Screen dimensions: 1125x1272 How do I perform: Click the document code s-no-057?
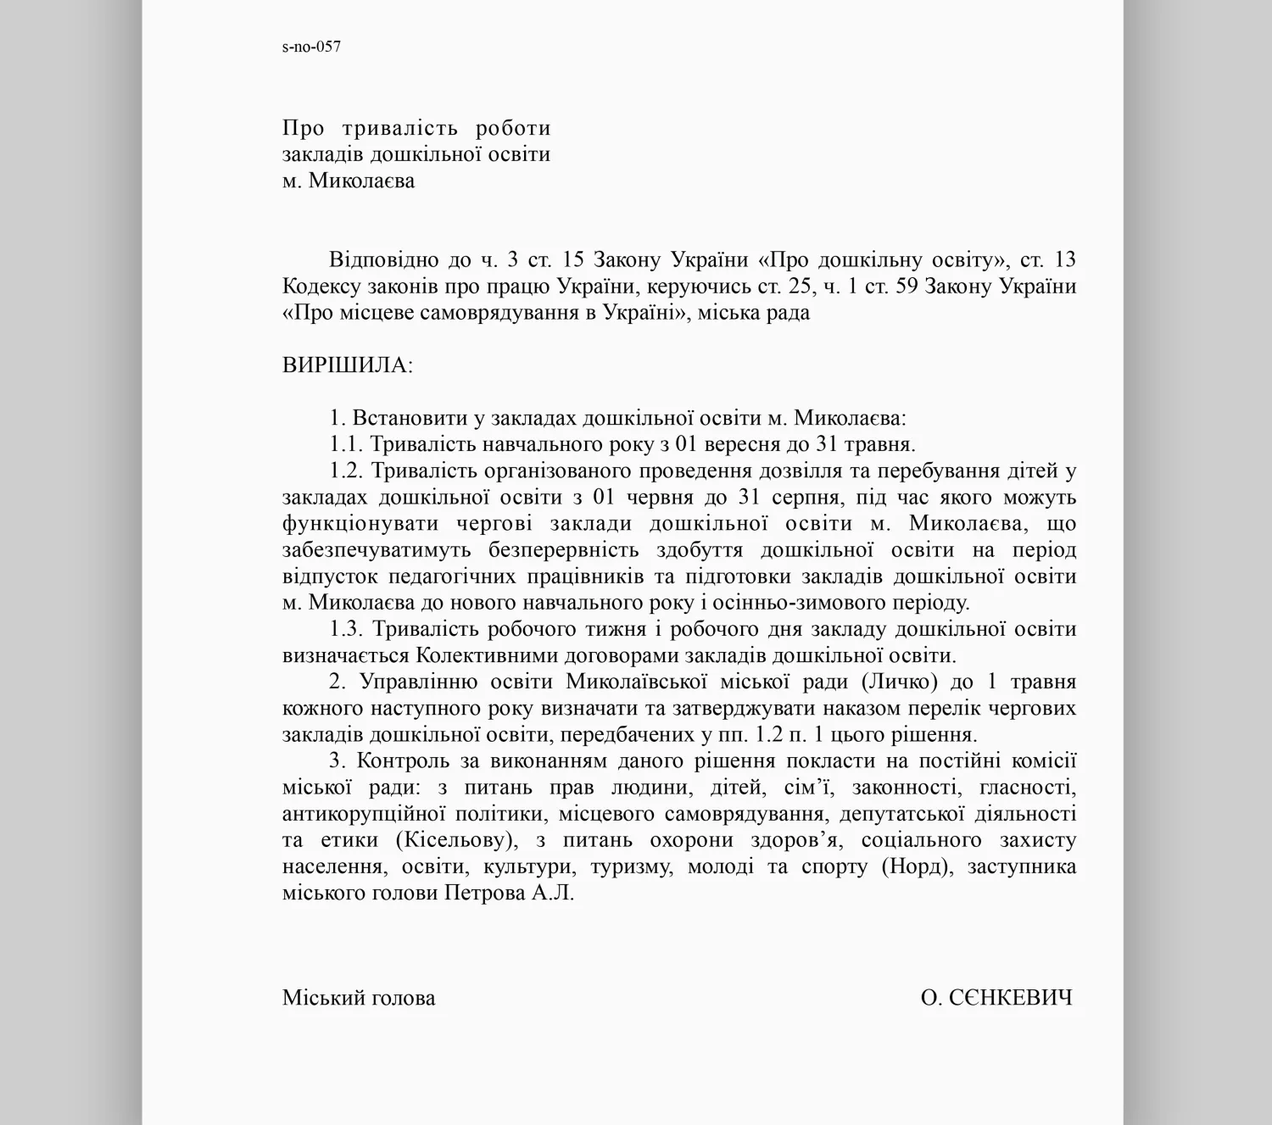(x=311, y=47)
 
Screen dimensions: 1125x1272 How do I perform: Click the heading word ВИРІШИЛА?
(x=347, y=365)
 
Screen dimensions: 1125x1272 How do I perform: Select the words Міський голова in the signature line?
(x=359, y=998)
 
